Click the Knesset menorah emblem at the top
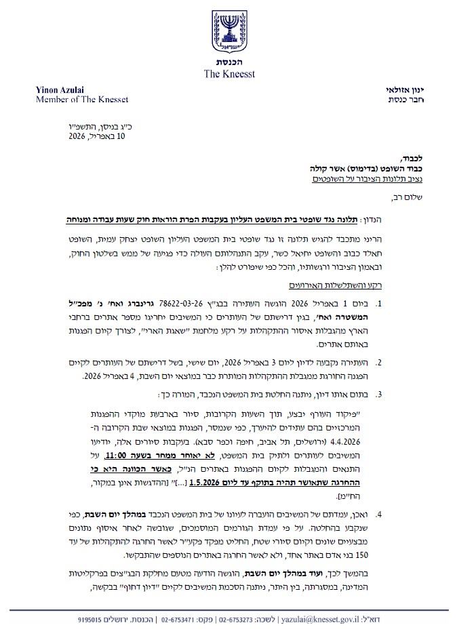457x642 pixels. tap(229, 31)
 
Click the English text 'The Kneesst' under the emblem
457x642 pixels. tap(229, 74)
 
